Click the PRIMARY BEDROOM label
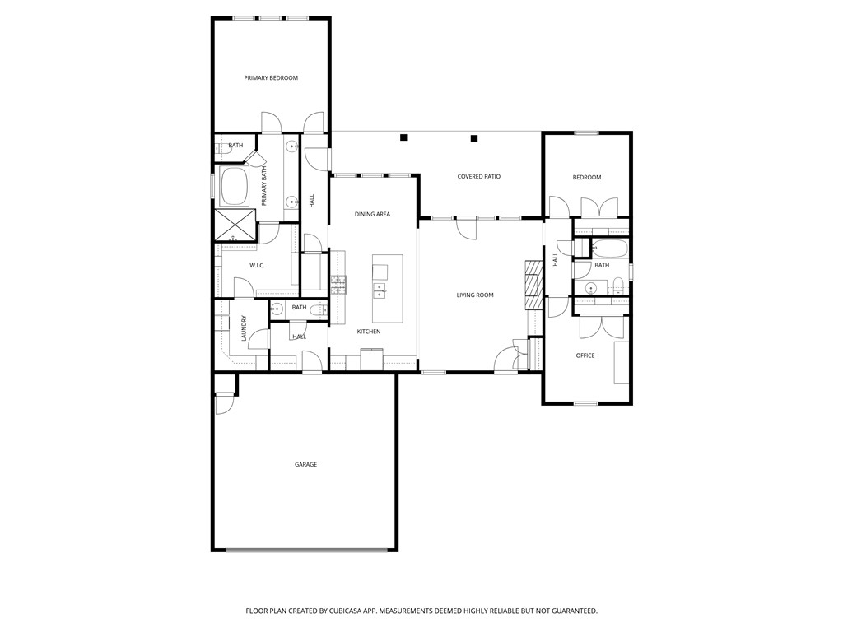[271, 78]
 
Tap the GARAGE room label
[306, 465]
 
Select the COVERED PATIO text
[479, 177]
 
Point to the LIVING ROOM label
[475, 295]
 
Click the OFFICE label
[585, 355]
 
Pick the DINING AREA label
[372, 214]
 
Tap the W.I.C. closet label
[256, 265]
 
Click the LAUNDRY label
[244, 328]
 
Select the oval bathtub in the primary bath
[235, 187]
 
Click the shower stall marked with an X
[235, 223]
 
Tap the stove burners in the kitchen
[338, 285]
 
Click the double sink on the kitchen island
[380, 289]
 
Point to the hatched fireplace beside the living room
[533, 285]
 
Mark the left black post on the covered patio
[403, 137]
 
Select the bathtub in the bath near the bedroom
[610, 249]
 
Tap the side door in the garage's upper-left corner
[225, 404]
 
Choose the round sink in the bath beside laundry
[277, 309]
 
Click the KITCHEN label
[368, 332]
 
